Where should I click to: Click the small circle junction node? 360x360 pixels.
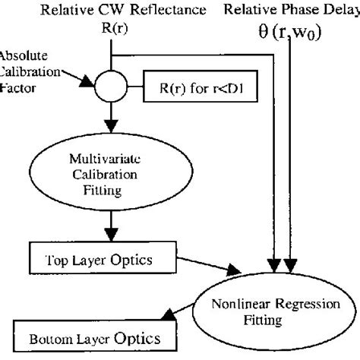112,84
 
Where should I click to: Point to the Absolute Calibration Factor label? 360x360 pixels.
27,72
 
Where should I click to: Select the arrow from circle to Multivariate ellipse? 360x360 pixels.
112,114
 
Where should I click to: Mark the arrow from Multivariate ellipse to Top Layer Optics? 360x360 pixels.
112,226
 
